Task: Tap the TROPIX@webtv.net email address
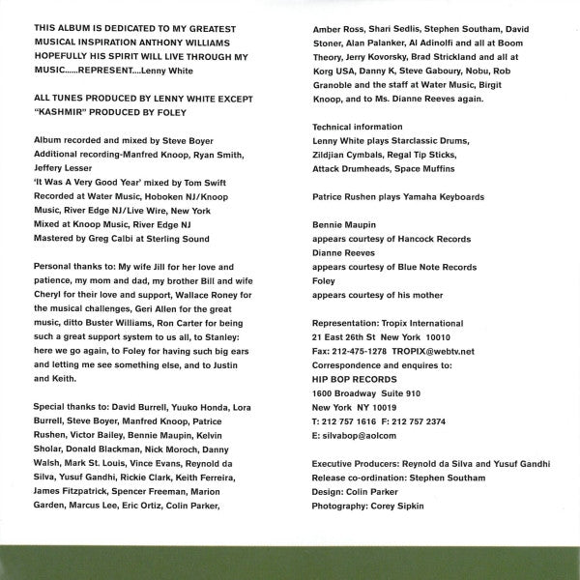[441, 352]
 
